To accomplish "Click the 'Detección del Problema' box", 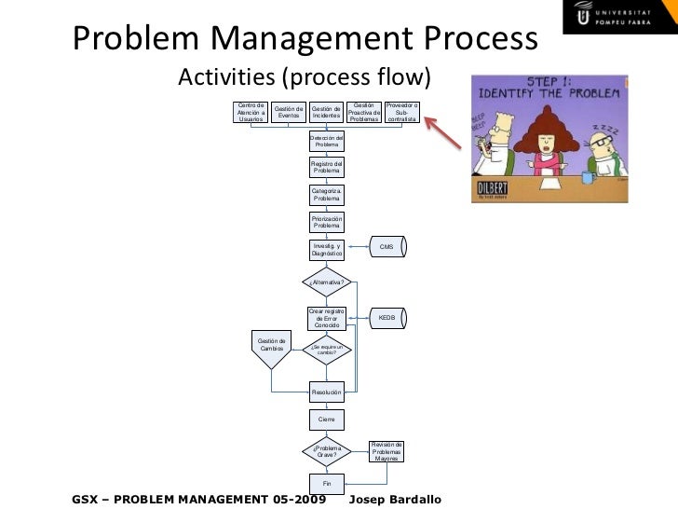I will [x=327, y=141].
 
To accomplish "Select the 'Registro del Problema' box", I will [x=327, y=168].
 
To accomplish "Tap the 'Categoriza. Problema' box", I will [x=327, y=195].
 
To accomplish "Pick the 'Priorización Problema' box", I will [x=327, y=222].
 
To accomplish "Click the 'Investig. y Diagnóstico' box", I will [x=327, y=250].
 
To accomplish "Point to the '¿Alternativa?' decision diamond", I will [x=327, y=282].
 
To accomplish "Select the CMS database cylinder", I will [x=387, y=247].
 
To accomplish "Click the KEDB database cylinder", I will [x=387, y=318].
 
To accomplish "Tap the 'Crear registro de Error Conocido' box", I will [x=327, y=318].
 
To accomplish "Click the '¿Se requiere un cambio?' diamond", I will [x=327, y=351].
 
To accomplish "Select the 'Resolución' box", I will [x=327, y=392].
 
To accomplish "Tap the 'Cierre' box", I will [x=327, y=420].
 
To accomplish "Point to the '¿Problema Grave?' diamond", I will [x=327, y=452].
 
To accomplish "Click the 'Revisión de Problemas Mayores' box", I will [x=386, y=451].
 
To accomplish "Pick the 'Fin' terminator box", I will [x=327, y=484].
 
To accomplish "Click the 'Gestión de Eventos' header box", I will [x=289, y=112].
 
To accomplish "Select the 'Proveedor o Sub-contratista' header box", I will [x=402, y=112].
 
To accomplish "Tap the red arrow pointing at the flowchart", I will [x=451, y=130].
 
